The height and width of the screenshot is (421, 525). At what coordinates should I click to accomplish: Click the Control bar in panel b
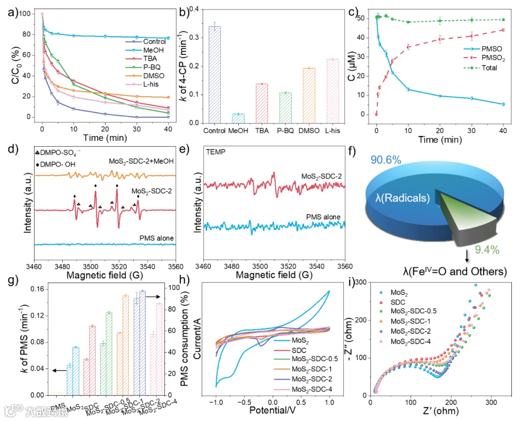(215, 75)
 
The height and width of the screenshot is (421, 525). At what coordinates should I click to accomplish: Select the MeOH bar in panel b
(238, 118)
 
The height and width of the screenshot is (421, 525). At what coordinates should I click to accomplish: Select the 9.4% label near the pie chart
(471, 250)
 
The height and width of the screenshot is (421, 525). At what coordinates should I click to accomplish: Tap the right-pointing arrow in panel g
(152, 296)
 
